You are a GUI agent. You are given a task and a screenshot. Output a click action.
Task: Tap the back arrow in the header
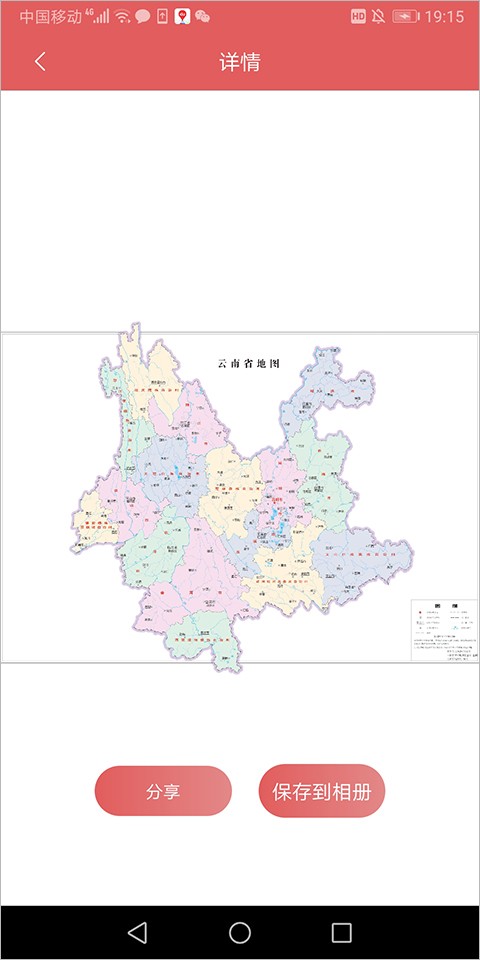(40, 61)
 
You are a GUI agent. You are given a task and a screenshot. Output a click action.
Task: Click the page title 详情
(240, 61)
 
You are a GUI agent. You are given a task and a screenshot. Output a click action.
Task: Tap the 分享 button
(163, 791)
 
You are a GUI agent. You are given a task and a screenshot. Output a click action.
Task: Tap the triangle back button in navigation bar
(138, 933)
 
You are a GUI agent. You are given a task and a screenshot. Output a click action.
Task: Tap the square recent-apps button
(342, 933)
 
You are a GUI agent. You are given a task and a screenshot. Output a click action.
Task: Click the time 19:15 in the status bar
(444, 17)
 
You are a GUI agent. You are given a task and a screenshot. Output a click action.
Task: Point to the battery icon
(405, 17)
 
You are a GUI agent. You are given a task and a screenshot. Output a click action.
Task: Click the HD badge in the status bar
(358, 17)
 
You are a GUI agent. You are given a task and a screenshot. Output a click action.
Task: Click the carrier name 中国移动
(50, 17)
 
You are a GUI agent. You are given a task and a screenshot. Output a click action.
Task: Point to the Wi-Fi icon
(122, 17)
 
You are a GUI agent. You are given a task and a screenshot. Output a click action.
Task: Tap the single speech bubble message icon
(142, 17)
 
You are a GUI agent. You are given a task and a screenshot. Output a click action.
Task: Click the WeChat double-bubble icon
(203, 17)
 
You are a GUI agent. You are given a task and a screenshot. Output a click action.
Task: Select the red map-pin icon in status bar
(182, 17)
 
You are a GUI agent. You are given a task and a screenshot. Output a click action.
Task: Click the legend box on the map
(444, 630)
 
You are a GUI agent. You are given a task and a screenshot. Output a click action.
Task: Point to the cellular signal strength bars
(101, 17)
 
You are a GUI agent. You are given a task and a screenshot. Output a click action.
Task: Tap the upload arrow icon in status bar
(162, 17)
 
